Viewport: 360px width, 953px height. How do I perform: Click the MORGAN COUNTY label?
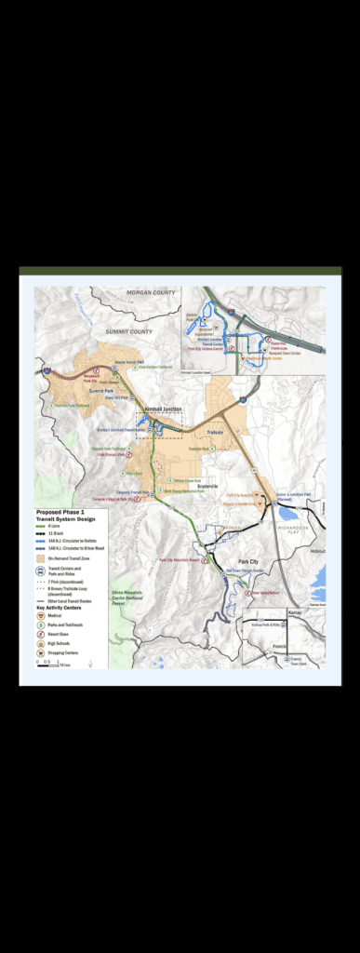pyautogui.click(x=151, y=293)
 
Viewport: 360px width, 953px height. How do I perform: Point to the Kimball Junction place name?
pyautogui.click(x=163, y=409)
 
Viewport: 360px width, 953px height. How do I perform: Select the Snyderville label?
pyautogui.click(x=207, y=486)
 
